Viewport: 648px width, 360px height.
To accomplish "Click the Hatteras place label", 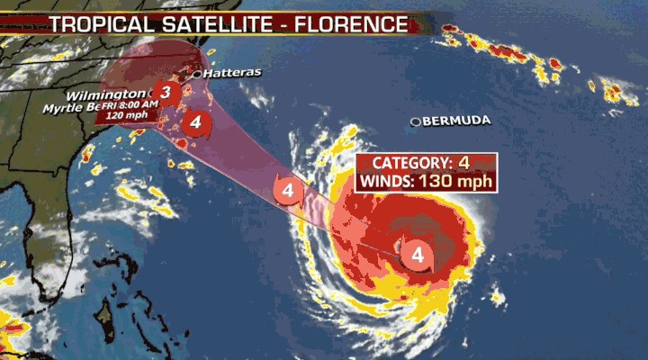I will click(229, 73).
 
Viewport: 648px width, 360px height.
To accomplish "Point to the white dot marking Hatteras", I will click(196, 73).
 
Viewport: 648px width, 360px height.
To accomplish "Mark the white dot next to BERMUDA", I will click(416, 121).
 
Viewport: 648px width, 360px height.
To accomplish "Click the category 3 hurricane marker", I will click(165, 92).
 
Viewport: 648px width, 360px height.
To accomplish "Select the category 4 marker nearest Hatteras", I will click(193, 122).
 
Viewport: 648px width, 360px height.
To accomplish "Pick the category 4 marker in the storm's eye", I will click(418, 255).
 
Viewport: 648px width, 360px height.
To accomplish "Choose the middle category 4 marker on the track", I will click(288, 191).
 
